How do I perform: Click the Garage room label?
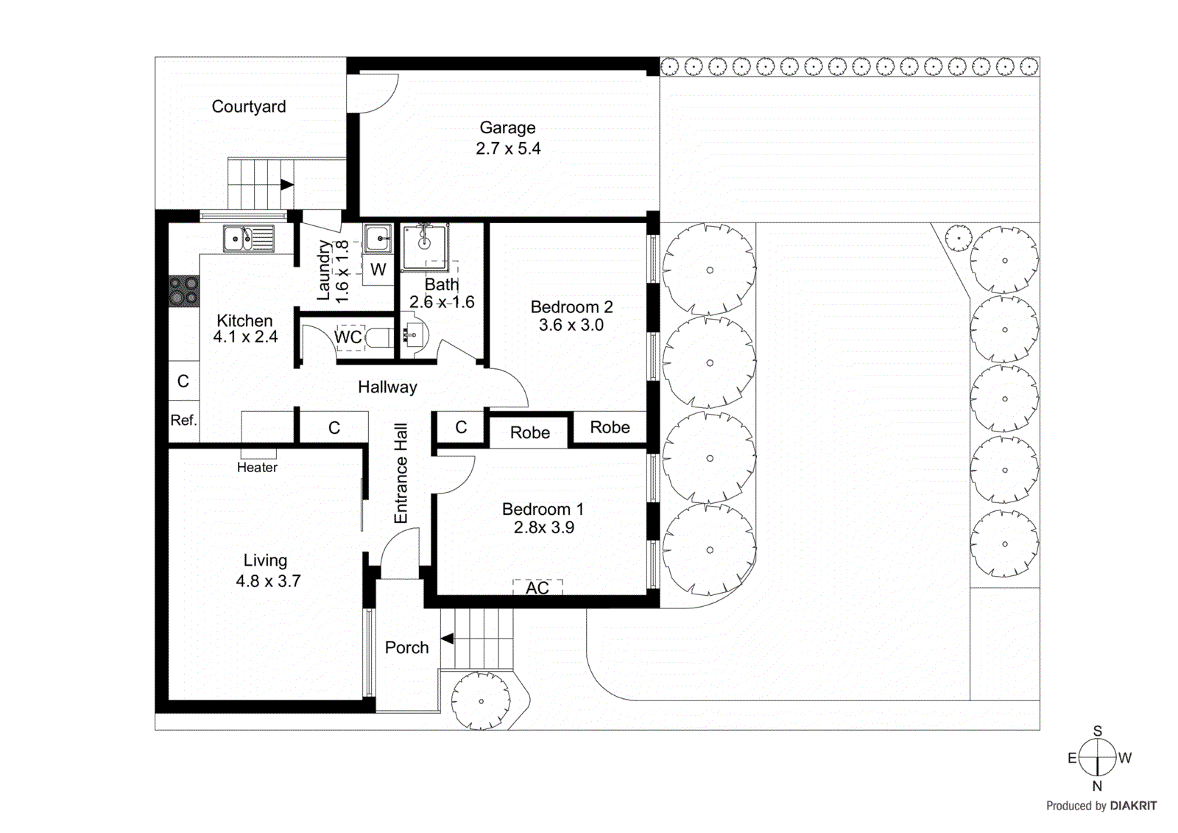[507, 128]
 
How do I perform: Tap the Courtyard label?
[249, 107]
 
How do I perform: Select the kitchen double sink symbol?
[248, 239]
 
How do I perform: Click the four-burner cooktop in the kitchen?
[184, 291]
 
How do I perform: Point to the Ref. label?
[183, 421]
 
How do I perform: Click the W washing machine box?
[378, 270]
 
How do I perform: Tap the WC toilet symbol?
[379, 337]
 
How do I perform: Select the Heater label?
[257, 468]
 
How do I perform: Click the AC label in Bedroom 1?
[537, 588]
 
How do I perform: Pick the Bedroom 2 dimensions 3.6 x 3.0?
[571, 326]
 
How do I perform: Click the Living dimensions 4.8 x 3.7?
[268, 581]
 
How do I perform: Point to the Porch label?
[406, 648]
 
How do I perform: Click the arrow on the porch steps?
[447, 639]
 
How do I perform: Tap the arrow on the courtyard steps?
[287, 185]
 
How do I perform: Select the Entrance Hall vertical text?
[401, 473]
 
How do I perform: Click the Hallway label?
[387, 387]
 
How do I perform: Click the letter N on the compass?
[1097, 787]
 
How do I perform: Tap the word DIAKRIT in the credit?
[1133, 806]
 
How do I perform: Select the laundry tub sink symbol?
[378, 239]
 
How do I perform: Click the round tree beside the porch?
[481, 701]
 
